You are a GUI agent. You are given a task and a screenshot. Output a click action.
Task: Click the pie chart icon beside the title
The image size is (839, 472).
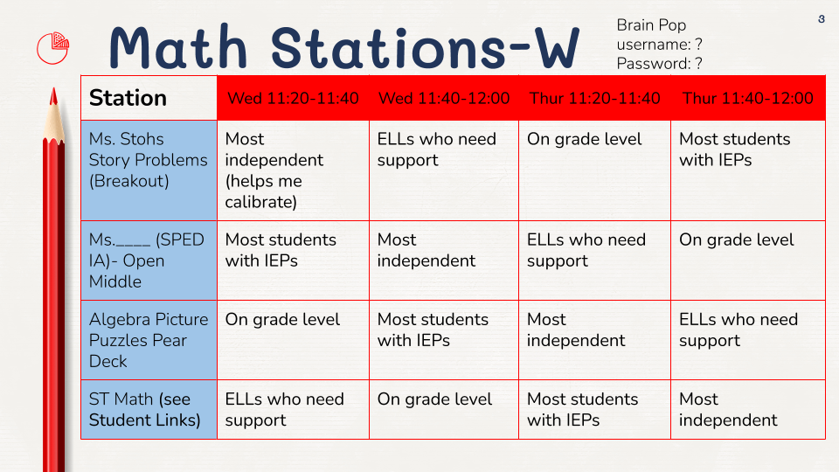point(53,47)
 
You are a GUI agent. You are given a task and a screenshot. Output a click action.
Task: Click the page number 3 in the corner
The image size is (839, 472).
point(822,19)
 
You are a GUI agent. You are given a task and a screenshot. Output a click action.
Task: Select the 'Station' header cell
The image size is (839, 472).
point(149,98)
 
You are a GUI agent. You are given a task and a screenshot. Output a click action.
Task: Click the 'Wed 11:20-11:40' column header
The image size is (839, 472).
point(293,98)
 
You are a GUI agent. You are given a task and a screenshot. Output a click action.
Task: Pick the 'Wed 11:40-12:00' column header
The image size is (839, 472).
point(444,98)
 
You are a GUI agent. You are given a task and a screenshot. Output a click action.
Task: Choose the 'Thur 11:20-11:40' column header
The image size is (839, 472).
point(595,98)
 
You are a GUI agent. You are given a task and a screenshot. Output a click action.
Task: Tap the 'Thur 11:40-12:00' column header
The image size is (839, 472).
point(748,98)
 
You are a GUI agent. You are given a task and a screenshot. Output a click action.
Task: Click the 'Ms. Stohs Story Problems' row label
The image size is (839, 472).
point(149,161)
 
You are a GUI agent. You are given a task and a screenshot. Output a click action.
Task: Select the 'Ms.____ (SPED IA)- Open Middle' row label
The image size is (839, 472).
point(149,260)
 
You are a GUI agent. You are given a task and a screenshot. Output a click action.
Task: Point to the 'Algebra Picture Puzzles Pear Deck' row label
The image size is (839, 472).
point(149,340)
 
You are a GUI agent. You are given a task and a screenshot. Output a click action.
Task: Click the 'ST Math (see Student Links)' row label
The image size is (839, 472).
point(149,409)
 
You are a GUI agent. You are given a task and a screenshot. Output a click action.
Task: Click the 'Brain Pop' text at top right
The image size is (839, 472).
point(651,25)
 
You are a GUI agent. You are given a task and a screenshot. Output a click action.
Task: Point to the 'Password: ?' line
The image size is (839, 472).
point(659,63)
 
